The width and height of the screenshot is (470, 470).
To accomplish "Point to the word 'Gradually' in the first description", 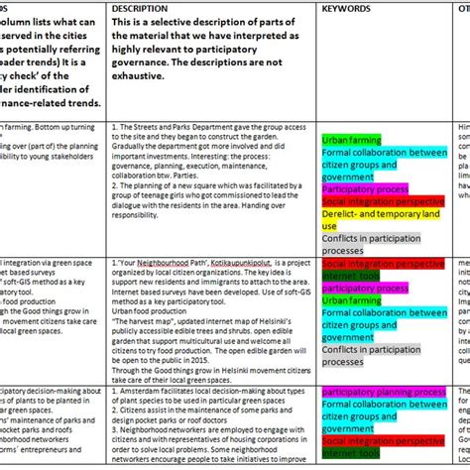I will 132,146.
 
